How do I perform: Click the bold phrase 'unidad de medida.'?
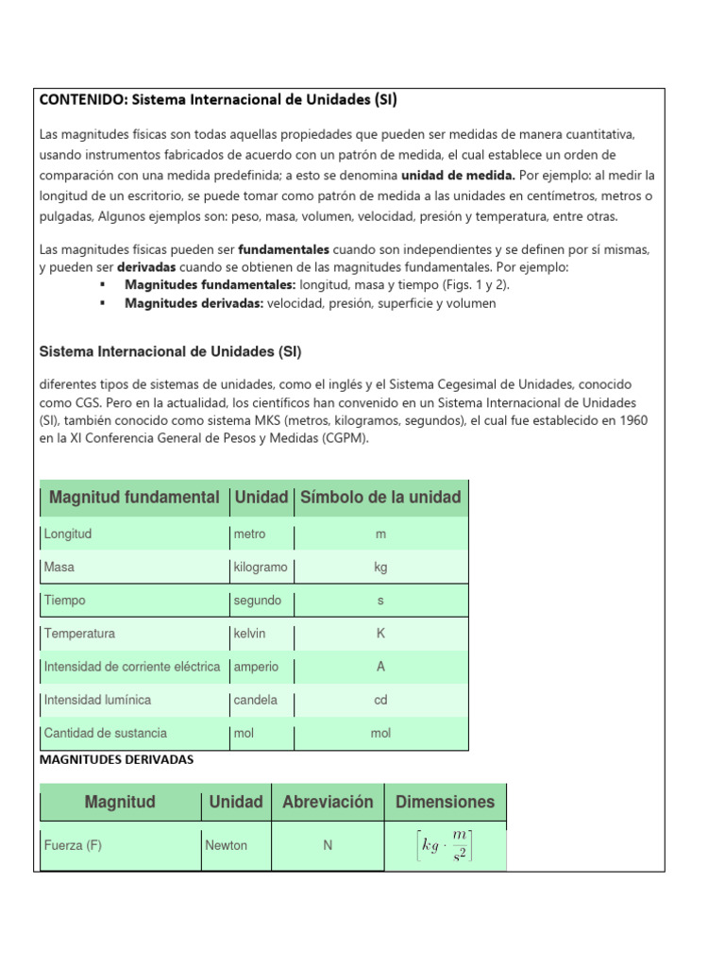pos(458,176)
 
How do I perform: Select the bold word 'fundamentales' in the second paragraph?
pos(283,250)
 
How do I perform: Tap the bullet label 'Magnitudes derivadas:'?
pos(194,304)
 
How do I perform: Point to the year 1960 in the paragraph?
pos(628,420)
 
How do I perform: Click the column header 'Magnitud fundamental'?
pos(134,497)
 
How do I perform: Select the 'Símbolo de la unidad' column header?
pos(380,497)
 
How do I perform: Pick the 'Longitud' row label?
pos(68,534)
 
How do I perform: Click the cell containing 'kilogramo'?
pos(260,568)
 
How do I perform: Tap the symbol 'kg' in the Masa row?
pos(380,568)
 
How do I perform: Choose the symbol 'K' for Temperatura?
pos(380,634)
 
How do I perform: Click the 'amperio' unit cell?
pos(256,667)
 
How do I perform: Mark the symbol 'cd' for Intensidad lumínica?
pos(380,701)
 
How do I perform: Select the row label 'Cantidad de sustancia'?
pos(106,734)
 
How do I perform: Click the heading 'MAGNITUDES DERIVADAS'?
pos(116,760)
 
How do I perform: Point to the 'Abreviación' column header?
pos(328,803)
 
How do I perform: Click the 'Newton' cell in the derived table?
pos(227,846)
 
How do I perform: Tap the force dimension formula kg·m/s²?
pos(445,846)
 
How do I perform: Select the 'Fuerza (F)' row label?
pos(73,846)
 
